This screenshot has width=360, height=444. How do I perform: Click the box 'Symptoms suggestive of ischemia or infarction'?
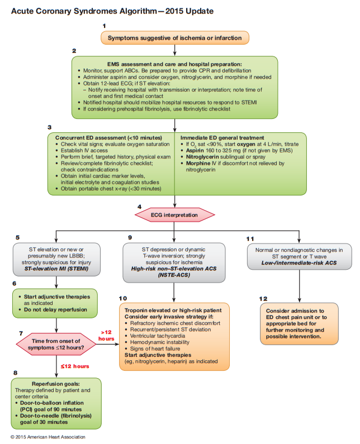point(174,38)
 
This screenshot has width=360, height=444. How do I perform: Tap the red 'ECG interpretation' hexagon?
point(175,214)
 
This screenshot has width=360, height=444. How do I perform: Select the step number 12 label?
point(263,299)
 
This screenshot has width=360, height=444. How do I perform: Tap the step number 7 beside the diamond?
point(20,333)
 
